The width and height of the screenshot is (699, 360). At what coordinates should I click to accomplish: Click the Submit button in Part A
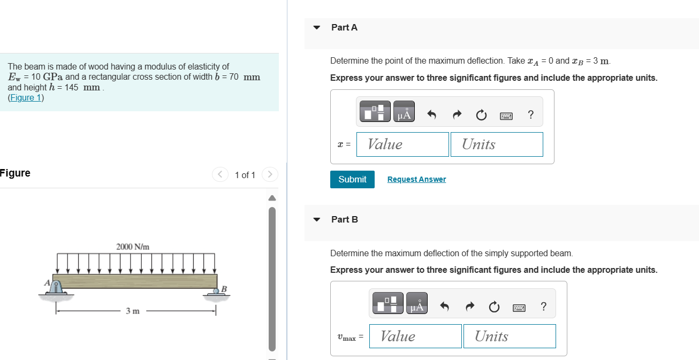click(x=352, y=179)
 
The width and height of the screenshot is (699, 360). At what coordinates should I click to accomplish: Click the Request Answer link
click(x=416, y=179)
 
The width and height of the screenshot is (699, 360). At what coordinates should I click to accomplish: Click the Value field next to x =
click(x=402, y=144)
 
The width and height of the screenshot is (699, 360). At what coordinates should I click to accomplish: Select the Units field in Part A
click(x=497, y=144)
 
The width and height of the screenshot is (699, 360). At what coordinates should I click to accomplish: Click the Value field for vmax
click(x=415, y=336)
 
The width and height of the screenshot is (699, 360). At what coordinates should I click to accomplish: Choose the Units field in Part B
click(x=510, y=336)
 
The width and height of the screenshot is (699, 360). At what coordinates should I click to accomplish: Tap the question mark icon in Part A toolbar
click(x=530, y=114)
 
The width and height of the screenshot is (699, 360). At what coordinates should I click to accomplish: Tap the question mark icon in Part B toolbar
click(x=543, y=307)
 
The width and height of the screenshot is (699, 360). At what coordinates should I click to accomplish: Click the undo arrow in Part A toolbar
click(x=432, y=114)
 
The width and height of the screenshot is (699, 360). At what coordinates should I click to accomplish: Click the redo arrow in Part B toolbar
click(x=469, y=307)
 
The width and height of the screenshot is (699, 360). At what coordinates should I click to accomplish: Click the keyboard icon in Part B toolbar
click(x=519, y=307)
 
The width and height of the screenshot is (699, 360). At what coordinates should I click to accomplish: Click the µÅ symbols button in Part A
click(x=404, y=113)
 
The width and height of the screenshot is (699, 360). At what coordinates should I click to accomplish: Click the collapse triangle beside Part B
click(x=317, y=220)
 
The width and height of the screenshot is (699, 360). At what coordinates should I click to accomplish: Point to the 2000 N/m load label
click(x=133, y=247)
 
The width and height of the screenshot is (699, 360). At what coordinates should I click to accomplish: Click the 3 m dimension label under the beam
click(x=133, y=311)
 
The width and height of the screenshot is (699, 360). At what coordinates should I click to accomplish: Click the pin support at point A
click(x=56, y=288)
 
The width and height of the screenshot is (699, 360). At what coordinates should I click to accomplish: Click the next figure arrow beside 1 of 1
click(x=271, y=175)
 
